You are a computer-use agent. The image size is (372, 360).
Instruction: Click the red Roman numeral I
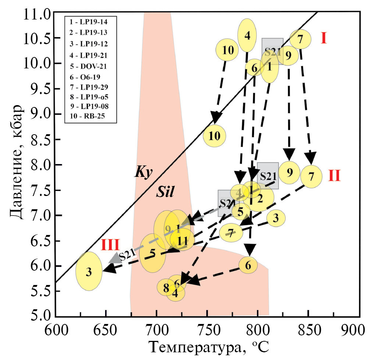click(323, 38)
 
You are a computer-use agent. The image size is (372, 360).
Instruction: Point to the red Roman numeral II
click(334, 176)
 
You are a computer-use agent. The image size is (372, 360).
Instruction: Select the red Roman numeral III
click(110, 245)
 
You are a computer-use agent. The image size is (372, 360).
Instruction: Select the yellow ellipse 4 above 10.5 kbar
click(247, 35)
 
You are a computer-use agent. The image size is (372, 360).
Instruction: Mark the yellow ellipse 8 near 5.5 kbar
click(166, 288)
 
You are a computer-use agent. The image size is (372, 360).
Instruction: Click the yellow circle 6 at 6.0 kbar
click(248, 265)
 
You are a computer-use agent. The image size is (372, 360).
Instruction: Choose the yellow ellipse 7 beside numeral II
click(311, 177)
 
